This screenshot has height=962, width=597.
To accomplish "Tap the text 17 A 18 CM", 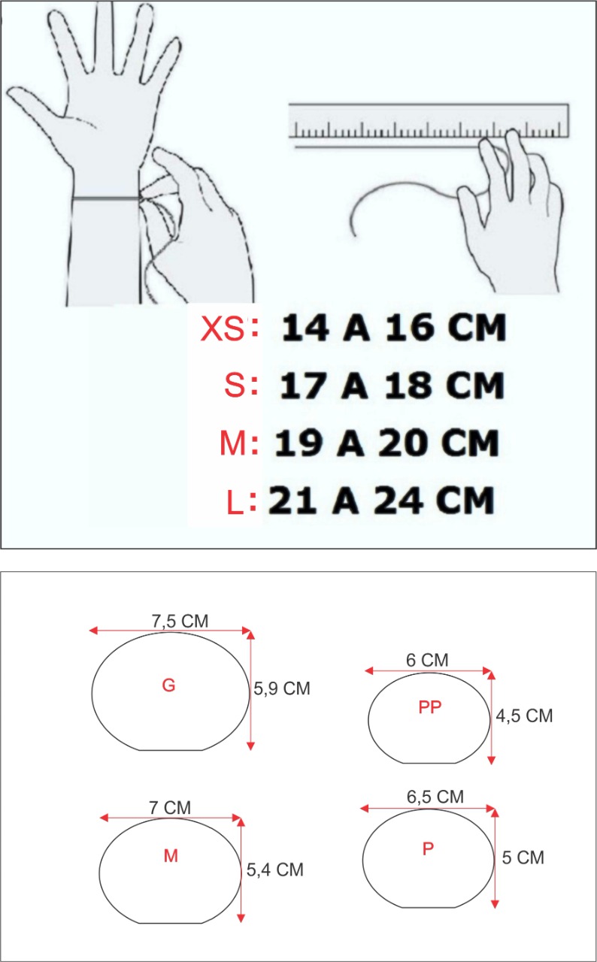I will (x=391, y=386).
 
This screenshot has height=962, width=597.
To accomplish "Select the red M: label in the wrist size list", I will (x=239, y=444).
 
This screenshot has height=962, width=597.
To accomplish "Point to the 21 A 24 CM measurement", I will (x=381, y=500).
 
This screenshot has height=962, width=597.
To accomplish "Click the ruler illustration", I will (x=428, y=122).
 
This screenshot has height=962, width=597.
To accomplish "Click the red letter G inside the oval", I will (x=168, y=685).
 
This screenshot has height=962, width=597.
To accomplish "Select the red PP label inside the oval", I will (x=430, y=707).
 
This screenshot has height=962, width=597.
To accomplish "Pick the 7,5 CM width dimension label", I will (x=180, y=622).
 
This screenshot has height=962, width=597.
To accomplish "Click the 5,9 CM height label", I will (x=282, y=688).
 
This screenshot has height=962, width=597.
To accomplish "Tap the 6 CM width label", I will (x=427, y=661).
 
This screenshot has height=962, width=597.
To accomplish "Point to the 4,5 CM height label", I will (x=524, y=716).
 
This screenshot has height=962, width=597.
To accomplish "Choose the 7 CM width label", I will (x=170, y=808).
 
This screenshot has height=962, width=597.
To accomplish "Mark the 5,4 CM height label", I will (x=275, y=870).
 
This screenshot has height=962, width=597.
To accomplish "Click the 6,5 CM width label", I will (x=435, y=797).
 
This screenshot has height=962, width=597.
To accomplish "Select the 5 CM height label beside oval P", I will (x=523, y=857).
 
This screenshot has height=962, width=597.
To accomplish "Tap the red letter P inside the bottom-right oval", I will (x=428, y=849).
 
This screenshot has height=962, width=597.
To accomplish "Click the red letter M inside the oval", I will (x=171, y=856).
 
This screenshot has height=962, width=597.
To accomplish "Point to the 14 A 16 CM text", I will (x=394, y=328).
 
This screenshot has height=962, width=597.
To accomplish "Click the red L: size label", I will (x=239, y=501).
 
